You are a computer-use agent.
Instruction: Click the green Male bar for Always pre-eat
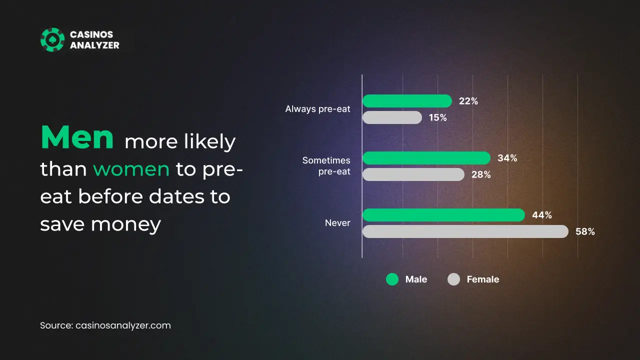coord(407,101)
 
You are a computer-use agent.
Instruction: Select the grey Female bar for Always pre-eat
coord(392,117)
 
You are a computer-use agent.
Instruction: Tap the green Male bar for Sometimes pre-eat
coord(426,158)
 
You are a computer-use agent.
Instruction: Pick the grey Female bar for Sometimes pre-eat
coord(413,174)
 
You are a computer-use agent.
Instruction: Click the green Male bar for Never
coord(443,215)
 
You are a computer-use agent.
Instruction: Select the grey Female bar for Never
coord(465,231)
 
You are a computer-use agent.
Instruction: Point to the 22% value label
coord(468,101)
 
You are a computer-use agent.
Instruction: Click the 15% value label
coord(437,117)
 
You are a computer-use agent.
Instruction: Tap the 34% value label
coord(507,158)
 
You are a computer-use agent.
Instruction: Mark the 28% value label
coord(481,174)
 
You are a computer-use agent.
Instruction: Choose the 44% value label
coord(541,215)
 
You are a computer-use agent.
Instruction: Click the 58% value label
coord(585,231)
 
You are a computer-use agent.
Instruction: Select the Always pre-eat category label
coord(317,109)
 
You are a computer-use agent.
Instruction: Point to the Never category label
coord(337,223)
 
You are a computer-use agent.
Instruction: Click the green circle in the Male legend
coord(392,279)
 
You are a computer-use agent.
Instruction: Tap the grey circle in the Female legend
coord(453,279)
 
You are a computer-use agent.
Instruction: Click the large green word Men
coord(77,137)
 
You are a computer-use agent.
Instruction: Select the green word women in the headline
coord(131,169)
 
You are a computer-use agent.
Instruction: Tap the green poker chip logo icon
coord(52,39)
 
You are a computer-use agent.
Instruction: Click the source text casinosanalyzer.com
coord(123,325)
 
